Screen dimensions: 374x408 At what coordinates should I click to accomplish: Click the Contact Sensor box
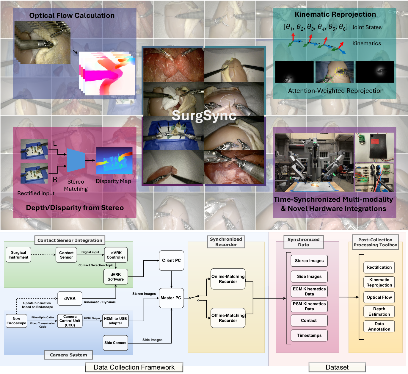tap(66, 255)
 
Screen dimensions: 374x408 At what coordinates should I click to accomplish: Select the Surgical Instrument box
tap(18, 255)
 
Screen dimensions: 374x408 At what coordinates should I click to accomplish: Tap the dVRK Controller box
tap(116, 255)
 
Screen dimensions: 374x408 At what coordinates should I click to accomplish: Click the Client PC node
tap(171, 261)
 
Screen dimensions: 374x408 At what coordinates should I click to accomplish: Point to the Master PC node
tap(171, 298)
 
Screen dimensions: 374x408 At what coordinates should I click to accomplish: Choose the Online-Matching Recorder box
tap(228, 279)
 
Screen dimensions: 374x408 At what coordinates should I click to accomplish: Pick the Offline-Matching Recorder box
tap(228, 318)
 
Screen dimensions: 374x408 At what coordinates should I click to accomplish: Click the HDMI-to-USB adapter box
tap(115, 321)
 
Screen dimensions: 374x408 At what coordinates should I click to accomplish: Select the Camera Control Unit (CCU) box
tap(70, 321)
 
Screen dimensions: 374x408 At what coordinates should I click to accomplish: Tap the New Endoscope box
tap(16, 321)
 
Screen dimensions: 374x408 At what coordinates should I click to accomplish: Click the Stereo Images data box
tap(309, 261)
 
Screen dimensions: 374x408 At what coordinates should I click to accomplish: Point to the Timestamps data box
tap(309, 336)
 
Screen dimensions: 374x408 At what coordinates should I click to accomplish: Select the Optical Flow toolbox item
tap(379, 297)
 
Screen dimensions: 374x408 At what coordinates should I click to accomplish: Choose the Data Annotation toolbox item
tap(379, 326)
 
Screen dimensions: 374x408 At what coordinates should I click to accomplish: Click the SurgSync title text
tap(204, 115)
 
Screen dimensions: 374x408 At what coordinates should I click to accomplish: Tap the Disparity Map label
tap(113, 181)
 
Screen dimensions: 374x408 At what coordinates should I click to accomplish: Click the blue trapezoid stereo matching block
tap(76, 160)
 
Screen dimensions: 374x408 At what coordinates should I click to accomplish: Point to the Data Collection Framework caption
tap(134, 367)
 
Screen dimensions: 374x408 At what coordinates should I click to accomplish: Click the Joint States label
tap(367, 27)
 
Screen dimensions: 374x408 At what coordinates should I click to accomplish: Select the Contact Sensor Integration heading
tap(70, 240)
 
